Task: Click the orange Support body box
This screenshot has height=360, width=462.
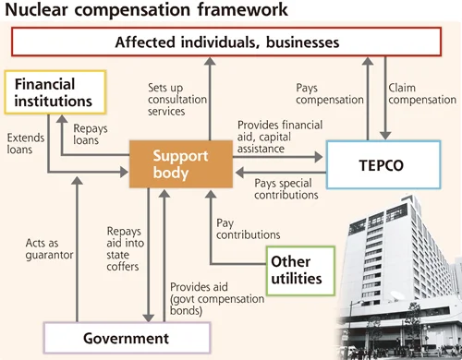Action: [x=181, y=164]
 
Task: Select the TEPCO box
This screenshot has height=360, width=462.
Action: [x=383, y=164]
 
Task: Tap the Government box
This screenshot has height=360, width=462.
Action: [x=127, y=338]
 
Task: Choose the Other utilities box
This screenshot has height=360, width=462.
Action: [x=300, y=270]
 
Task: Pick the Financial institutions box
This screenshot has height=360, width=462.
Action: [x=55, y=92]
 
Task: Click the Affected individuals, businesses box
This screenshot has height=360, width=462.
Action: [x=226, y=42]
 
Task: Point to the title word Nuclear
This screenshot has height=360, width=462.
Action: [x=36, y=9]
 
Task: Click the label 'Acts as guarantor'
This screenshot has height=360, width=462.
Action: [x=49, y=249]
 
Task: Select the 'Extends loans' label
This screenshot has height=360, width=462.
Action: [x=26, y=143]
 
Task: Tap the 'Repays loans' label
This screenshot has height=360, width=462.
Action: [x=91, y=134]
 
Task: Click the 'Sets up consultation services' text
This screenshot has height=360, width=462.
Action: [x=177, y=100]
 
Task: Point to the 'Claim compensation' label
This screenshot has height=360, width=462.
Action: [x=422, y=94]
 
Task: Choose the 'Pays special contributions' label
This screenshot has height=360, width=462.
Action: [x=286, y=189]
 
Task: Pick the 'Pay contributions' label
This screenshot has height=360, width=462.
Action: [x=248, y=229]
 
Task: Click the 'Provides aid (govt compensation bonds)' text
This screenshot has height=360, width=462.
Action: [x=217, y=299]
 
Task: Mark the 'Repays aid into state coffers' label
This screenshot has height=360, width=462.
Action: [x=126, y=248]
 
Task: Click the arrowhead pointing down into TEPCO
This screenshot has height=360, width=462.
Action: [x=385, y=136]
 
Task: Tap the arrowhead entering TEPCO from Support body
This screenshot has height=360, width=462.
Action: [x=319, y=157]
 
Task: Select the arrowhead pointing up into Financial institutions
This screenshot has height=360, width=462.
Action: [x=62, y=119]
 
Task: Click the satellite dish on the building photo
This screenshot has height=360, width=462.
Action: [x=397, y=295]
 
